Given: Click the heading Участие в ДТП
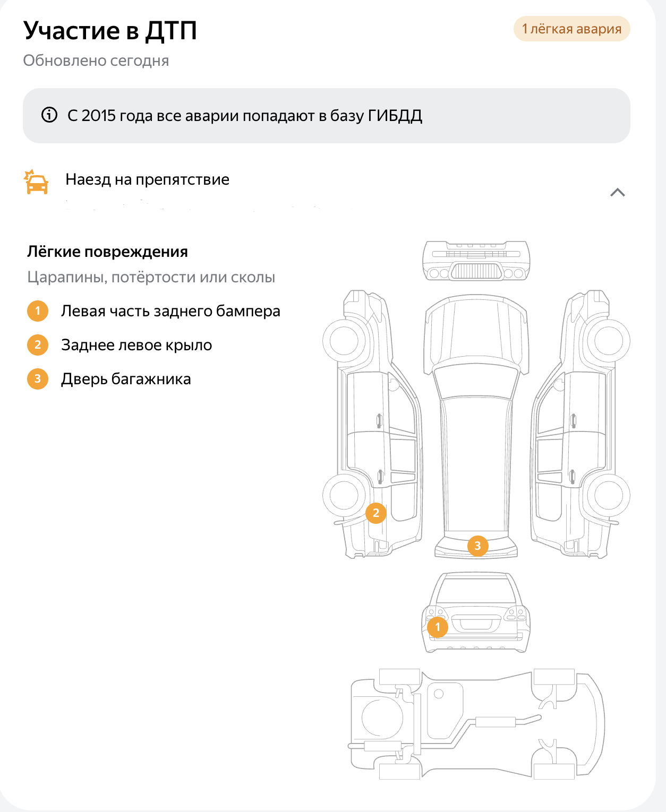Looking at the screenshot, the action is click(x=110, y=30).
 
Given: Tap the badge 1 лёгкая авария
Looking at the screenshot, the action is click(x=571, y=29).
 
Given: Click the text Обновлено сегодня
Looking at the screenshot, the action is click(x=96, y=61).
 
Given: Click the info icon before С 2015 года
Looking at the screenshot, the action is click(x=49, y=115).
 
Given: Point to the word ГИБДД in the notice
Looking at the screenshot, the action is click(x=395, y=116).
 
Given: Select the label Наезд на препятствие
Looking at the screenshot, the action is click(x=147, y=179).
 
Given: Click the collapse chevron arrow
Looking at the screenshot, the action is click(x=618, y=192).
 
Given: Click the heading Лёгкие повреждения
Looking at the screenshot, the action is click(x=107, y=252).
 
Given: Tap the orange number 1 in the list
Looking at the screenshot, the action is click(x=37, y=310).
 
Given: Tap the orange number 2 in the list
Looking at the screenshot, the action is click(x=37, y=344).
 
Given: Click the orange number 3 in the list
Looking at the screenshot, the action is click(x=37, y=379).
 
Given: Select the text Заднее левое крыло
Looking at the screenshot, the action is click(x=136, y=345).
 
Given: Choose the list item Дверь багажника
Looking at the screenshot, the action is click(x=126, y=379).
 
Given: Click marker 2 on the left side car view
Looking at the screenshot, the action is click(x=376, y=513).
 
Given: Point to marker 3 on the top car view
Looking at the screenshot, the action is click(x=477, y=546).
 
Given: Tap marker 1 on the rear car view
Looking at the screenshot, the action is click(x=438, y=627).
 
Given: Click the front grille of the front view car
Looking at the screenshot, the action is click(x=476, y=271).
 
